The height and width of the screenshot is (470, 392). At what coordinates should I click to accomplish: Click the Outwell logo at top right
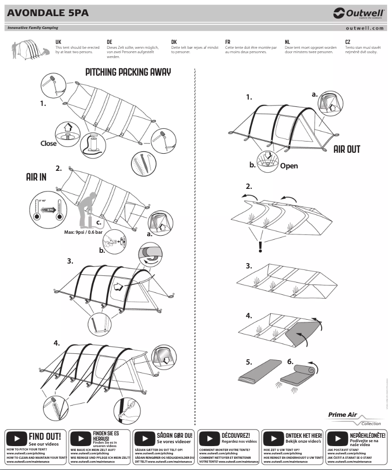[359, 13]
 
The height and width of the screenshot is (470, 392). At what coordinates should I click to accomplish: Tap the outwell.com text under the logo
[365, 28]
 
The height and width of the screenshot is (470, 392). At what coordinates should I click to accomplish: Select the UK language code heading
[58, 42]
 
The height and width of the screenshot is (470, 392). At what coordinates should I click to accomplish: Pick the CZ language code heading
[348, 42]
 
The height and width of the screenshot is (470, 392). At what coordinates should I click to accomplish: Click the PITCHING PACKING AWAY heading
[128, 72]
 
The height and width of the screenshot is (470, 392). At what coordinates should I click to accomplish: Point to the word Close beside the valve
[48, 143]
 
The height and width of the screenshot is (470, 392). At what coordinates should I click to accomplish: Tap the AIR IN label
[36, 177]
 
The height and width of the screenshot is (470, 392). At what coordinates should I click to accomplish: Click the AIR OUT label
[347, 149]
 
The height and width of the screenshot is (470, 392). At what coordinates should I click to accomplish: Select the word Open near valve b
[289, 166]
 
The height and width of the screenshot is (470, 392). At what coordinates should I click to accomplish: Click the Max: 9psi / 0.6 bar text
[84, 232]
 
